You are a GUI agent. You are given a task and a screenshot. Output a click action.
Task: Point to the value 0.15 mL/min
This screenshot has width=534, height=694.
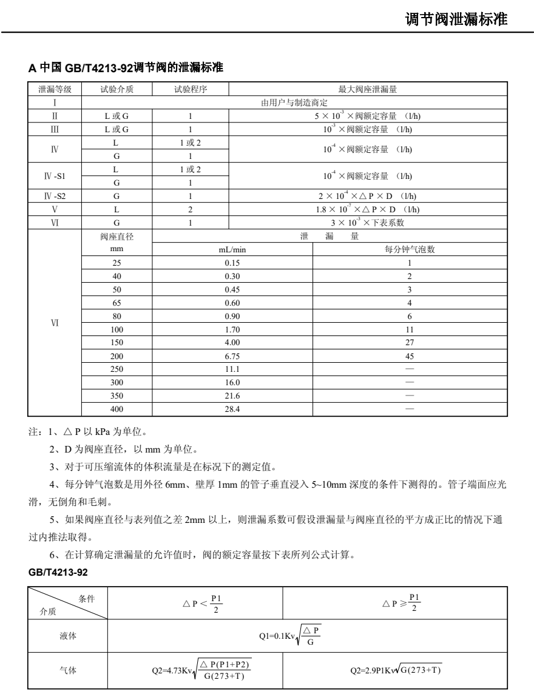[x=232, y=263]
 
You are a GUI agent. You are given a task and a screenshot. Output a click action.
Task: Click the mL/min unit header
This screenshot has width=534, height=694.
[x=232, y=249]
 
